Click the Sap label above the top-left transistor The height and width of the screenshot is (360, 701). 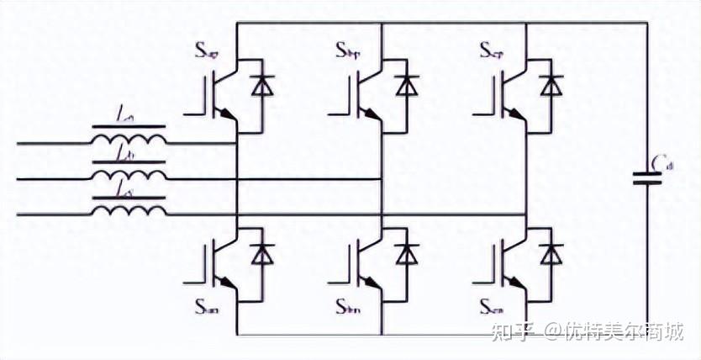point(207,52)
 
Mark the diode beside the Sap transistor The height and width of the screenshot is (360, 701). point(264,86)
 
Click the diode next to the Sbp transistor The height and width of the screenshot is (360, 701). point(408,86)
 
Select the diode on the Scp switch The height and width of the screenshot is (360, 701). point(552,86)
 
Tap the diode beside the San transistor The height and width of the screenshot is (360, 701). point(264,253)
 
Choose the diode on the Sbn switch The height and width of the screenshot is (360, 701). point(408,253)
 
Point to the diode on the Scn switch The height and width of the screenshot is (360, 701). point(552,253)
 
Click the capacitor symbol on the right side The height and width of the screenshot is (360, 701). point(648,178)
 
